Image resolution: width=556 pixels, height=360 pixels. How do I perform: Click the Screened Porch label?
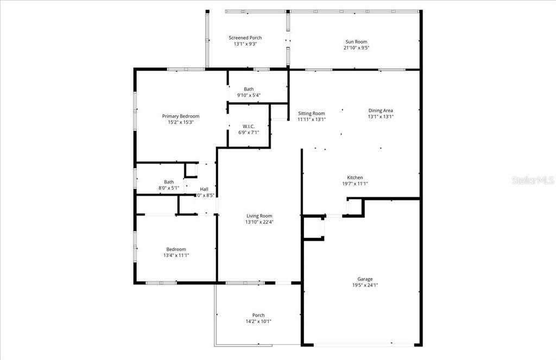tap(245, 37)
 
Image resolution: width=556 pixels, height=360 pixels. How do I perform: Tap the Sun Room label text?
tap(356, 42)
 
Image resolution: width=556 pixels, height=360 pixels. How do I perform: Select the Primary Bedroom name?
tap(181, 116)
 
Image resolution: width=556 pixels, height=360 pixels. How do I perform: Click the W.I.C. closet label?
tap(248, 125)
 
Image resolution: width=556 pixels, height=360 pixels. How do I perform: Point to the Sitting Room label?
tap(311, 113)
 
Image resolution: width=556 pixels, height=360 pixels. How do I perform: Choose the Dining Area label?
tap(380, 110)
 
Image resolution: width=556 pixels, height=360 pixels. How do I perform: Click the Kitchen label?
tap(355, 178)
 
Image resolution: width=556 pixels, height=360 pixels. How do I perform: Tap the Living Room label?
tap(259, 216)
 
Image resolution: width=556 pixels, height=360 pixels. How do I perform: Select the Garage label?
tap(365, 279)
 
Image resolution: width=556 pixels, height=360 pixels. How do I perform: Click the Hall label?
tap(204, 189)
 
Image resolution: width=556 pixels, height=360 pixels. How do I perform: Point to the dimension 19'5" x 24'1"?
tap(365, 286)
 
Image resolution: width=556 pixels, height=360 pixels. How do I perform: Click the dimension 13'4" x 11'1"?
tap(176, 255)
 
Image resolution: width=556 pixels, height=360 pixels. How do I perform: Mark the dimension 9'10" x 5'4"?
tap(249, 96)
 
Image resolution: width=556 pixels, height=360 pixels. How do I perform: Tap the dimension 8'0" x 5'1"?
tap(169, 188)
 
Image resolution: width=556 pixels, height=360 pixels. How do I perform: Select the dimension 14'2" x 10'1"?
tap(258, 321)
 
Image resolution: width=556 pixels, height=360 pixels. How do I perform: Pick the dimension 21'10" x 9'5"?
tap(356, 48)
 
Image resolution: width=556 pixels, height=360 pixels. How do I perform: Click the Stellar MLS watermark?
tap(533, 180)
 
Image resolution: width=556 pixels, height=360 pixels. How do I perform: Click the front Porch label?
tap(258, 315)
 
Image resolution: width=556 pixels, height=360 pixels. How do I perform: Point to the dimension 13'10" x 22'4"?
tap(259, 222)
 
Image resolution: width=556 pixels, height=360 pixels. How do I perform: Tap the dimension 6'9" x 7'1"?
tap(248, 132)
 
